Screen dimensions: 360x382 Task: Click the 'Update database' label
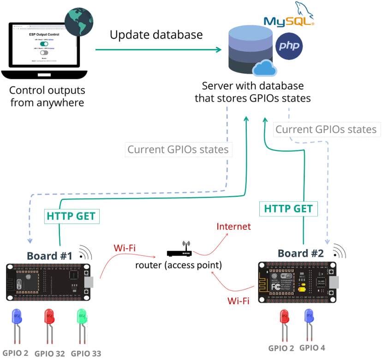click(156, 35)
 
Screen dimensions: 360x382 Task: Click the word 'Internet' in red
click(234, 226)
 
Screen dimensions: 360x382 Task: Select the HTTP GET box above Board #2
click(288, 209)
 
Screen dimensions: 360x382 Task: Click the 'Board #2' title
click(300, 253)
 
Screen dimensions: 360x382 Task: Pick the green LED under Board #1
click(82, 319)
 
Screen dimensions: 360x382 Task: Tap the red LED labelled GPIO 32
click(50, 319)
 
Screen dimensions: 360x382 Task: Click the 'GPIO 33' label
click(86, 353)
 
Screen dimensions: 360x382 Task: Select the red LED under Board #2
click(284, 318)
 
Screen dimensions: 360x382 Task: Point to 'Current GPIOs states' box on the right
click(326, 129)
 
